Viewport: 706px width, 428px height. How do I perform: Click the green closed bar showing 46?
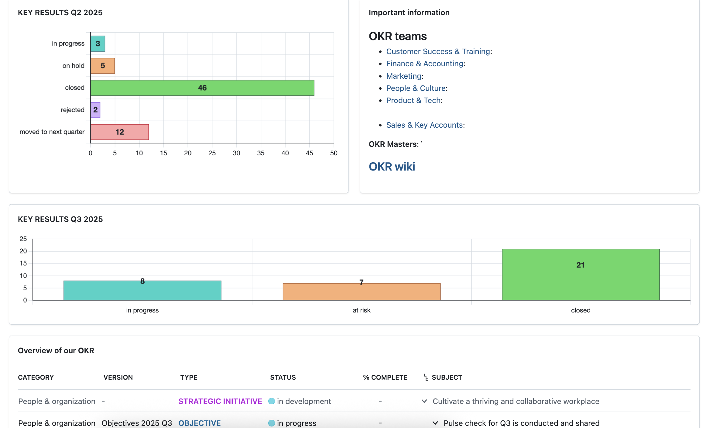click(202, 88)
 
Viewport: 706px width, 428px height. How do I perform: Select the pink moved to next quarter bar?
click(119, 132)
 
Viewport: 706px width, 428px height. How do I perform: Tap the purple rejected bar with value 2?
click(95, 110)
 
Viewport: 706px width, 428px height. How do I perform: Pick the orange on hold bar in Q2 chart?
click(103, 66)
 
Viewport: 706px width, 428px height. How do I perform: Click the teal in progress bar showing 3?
click(98, 43)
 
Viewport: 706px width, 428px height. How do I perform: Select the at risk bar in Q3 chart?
click(362, 292)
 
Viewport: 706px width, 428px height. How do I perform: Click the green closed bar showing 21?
click(581, 274)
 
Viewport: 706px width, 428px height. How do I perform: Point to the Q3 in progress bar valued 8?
click(142, 291)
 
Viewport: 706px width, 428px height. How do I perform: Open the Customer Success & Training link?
click(438, 51)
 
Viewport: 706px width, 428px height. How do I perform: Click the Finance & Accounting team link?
click(425, 64)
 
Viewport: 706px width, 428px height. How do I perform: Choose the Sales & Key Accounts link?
click(424, 125)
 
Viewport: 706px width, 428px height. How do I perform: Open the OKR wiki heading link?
click(392, 167)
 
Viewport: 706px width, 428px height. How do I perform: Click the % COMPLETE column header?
click(385, 377)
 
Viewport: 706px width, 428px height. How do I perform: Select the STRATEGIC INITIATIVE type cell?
click(220, 401)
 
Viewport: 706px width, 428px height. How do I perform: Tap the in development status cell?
click(303, 401)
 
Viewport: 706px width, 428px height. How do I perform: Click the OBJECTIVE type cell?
click(199, 423)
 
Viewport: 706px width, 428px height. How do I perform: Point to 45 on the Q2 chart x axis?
click(309, 153)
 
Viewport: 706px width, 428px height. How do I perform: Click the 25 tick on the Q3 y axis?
click(23, 239)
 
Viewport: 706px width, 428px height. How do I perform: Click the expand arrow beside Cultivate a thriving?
click(424, 401)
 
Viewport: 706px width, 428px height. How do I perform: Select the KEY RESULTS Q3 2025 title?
click(60, 219)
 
